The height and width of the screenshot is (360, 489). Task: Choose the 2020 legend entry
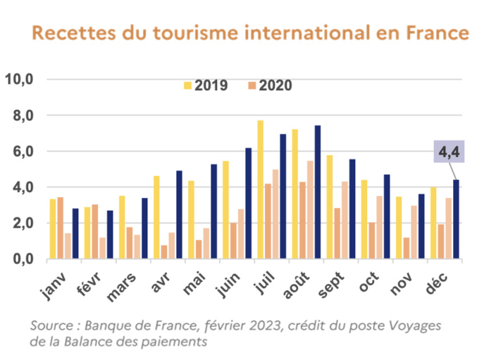coord(268,86)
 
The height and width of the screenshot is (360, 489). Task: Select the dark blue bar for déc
coord(456,220)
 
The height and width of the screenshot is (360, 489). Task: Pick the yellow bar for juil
coord(260,190)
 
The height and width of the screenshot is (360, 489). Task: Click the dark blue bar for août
coord(318,192)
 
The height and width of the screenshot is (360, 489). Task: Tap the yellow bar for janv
coord(52,229)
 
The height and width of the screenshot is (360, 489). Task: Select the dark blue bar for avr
coord(179,215)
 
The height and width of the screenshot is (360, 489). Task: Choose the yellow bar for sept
coord(329,207)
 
